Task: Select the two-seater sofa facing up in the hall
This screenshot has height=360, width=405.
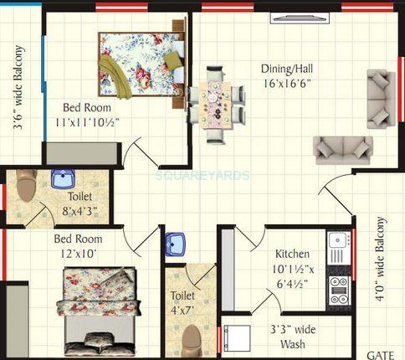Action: click(x=343, y=148)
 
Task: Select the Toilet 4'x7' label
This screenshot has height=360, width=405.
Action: click(x=182, y=303)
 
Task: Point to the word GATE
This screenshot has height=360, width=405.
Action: click(x=381, y=353)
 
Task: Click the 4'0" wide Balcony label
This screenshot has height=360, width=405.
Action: click(x=381, y=260)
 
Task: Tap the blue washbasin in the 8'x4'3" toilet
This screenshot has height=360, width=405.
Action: click(x=64, y=178)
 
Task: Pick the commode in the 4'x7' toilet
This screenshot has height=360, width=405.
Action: click(x=192, y=338)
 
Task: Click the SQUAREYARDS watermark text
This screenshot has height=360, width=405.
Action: click(x=202, y=175)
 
